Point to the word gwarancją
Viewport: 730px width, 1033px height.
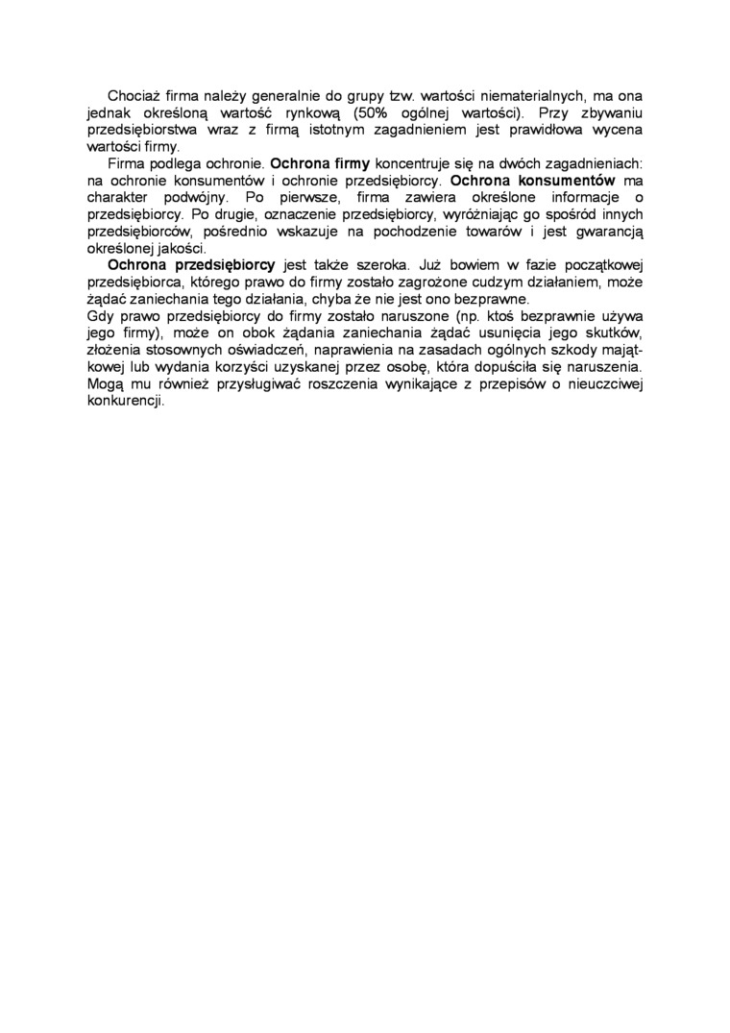tap(603, 230)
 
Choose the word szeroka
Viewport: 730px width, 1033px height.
tap(376, 263)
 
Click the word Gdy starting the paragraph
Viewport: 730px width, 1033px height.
tap(100, 314)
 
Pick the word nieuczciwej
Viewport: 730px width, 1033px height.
tap(598, 381)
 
